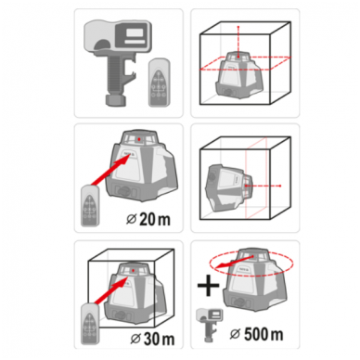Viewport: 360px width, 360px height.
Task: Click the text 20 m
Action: tap(155, 219)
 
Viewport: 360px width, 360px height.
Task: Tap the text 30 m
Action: tap(159, 339)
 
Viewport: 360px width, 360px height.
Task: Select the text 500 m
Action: tap(264, 334)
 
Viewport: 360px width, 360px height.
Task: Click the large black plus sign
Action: tap(209, 285)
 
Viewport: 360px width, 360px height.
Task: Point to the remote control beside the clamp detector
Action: tap(159, 84)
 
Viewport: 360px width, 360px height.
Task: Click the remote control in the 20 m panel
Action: tap(90, 205)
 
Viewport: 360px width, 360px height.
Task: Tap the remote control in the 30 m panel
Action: tap(90, 324)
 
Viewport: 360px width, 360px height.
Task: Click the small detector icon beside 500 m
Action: tap(210, 324)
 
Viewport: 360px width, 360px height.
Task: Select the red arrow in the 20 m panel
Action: tap(110, 170)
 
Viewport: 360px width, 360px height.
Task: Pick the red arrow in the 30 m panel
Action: tap(110, 289)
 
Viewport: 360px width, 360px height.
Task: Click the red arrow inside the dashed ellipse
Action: tap(234, 262)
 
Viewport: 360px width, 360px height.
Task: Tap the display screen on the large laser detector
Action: tap(135, 32)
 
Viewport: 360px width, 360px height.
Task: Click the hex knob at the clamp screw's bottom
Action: tap(116, 100)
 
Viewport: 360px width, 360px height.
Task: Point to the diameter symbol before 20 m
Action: tap(132, 219)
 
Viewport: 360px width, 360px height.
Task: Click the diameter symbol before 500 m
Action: tap(236, 334)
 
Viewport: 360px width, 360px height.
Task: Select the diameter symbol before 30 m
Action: tap(135, 339)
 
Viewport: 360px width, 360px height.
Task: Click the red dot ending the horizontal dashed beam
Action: tap(280, 186)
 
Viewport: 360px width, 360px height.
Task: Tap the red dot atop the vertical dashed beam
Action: tap(238, 27)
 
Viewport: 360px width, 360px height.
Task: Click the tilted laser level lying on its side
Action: tap(228, 187)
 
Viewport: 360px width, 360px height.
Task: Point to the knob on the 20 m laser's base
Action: tap(124, 192)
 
